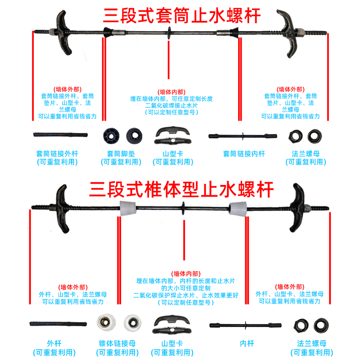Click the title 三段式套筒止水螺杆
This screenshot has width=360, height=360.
[x=182, y=17]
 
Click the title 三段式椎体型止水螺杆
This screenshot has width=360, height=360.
[x=182, y=189]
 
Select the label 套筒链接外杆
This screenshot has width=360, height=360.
[x=57, y=154]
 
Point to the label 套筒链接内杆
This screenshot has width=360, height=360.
[x=244, y=154]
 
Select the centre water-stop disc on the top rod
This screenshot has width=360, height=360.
[x=169, y=32]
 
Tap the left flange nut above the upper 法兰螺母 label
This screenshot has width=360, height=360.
[x=295, y=135]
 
